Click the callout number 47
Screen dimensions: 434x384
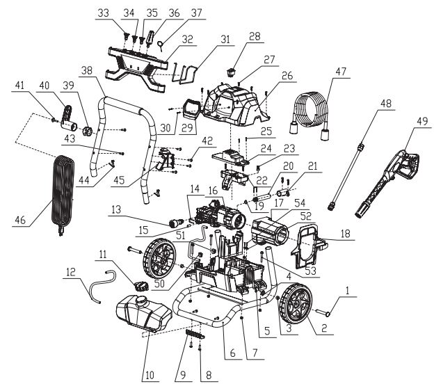click(x=340, y=72)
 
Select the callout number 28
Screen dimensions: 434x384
click(x=255, y=36)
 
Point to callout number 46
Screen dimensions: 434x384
click(x=20, y=220)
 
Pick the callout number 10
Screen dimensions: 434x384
click(x=150, y=375)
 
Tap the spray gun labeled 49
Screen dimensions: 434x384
click(x=387, y=183)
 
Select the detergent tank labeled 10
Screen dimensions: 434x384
click(x=144, y=313)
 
